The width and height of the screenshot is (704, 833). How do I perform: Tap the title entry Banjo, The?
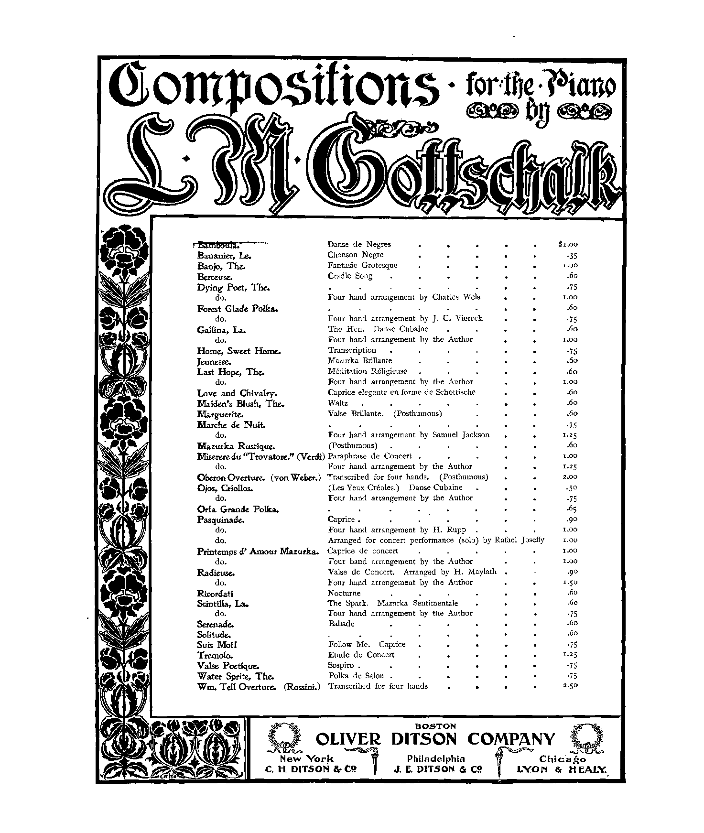point(220,266)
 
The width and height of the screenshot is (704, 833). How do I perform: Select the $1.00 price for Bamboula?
point(568,245)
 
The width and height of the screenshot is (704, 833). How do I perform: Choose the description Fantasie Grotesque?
point(362,265)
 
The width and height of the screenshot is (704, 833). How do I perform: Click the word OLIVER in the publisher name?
point(348,740)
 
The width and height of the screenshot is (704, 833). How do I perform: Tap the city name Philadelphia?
point(435,758)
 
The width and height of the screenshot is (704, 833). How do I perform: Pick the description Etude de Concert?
point(361,655)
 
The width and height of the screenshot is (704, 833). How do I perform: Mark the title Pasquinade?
point(220,519)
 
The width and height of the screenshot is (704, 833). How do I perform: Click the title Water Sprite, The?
point(235,676)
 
